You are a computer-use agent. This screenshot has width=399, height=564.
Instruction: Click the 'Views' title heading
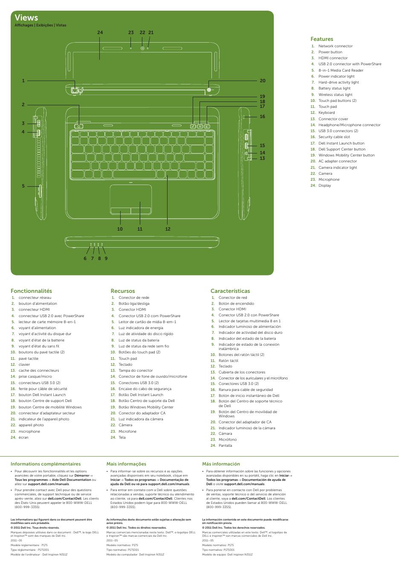(26, 17)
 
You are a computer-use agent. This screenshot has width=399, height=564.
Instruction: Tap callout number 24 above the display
(100, 32)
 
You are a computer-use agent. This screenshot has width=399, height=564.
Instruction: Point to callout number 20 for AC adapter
(262, 81)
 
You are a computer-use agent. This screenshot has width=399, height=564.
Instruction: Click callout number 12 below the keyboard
(168, 229)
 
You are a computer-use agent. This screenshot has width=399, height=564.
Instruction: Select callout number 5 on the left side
(23, 186)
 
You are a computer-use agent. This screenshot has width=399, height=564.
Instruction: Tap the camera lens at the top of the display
(142, 48)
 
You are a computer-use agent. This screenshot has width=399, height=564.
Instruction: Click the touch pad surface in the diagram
(131, 196)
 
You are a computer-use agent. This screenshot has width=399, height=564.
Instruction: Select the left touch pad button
(121, 211)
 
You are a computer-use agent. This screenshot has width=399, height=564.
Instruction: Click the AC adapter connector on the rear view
(209, 90)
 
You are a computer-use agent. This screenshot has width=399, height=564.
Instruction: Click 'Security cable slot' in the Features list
(334, 137)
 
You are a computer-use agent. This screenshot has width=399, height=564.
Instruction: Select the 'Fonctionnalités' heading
(31, 291)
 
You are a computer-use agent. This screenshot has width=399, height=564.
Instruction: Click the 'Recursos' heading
(122, 291)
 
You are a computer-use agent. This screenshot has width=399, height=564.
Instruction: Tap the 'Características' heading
(230, 291)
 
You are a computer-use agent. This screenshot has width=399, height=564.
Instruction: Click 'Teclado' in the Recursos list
(125, 364)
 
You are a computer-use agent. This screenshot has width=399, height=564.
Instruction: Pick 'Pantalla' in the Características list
(225, 445)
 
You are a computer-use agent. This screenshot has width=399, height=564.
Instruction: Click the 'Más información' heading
(221, 464)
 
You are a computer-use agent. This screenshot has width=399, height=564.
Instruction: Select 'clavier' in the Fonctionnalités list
(24, 364)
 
